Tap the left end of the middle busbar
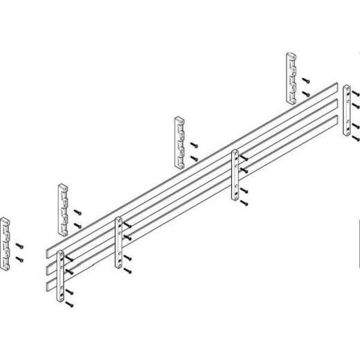(x=47, y=266)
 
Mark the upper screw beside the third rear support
(x=195, y=145)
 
